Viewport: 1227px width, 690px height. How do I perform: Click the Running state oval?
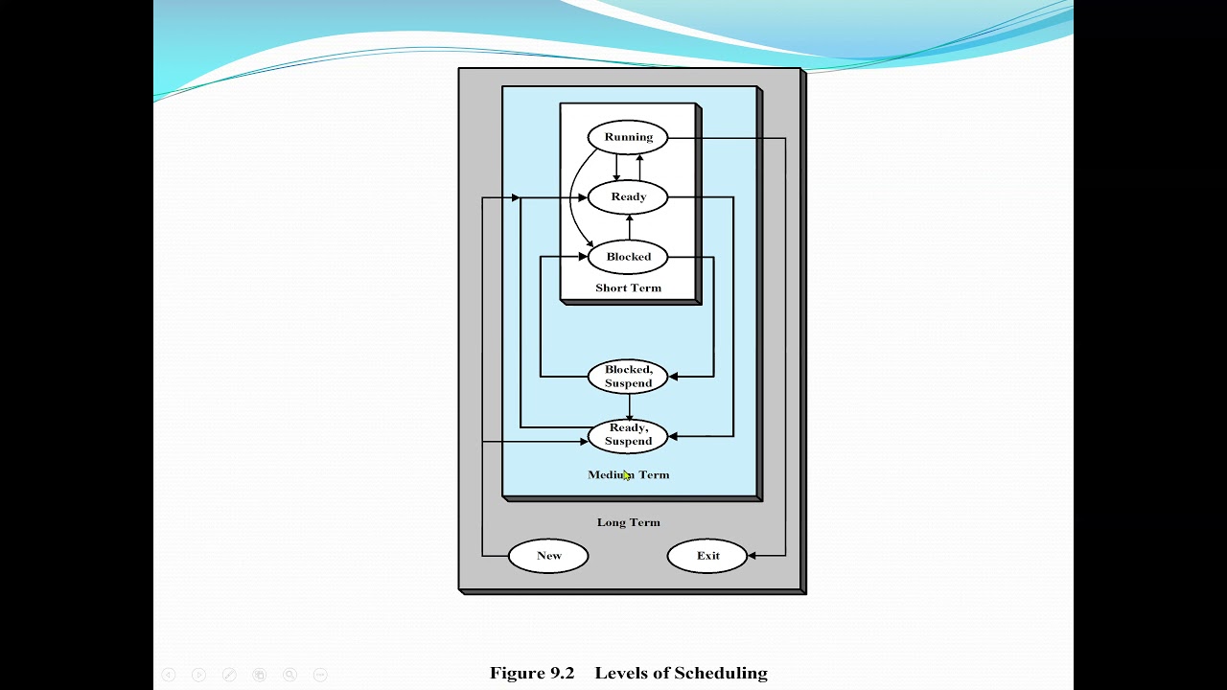click(x=628, y=137)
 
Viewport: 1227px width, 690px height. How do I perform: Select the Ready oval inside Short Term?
click(x=628, y=197)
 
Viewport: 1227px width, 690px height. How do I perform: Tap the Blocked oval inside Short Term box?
click(x=628, y=257)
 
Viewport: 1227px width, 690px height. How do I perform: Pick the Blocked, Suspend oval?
click(x=628, y=377)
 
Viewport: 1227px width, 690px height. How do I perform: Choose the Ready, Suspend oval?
click(x=628, y=435)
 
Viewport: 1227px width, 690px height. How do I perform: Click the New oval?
click(x=548, y=556)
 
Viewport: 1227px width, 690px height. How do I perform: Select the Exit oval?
click(x=707, y=556)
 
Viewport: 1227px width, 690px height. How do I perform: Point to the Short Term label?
click(x=628, y=288)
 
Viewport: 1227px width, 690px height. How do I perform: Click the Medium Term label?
click(x=628, y=475)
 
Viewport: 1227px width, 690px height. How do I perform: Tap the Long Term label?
click(x=628, y=522)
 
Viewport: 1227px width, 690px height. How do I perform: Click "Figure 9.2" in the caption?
click(x=531, y=673)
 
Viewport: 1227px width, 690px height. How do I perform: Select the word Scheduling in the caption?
click(x=721, y=673)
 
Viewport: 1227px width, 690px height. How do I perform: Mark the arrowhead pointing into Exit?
click(x=752, y=556)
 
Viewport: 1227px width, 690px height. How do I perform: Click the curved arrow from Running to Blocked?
click(x=572, y=201)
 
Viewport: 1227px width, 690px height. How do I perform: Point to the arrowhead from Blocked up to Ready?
click(x=629, y=219)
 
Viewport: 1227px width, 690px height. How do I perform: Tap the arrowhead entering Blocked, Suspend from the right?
click(x=674, y=377)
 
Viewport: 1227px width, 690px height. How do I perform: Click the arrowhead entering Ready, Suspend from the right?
click(x=674, y=436)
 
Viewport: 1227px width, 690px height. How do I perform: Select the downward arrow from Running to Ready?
click(x=616, y=168)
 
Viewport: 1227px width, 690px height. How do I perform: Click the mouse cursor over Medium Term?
click(x=626, y=475)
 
